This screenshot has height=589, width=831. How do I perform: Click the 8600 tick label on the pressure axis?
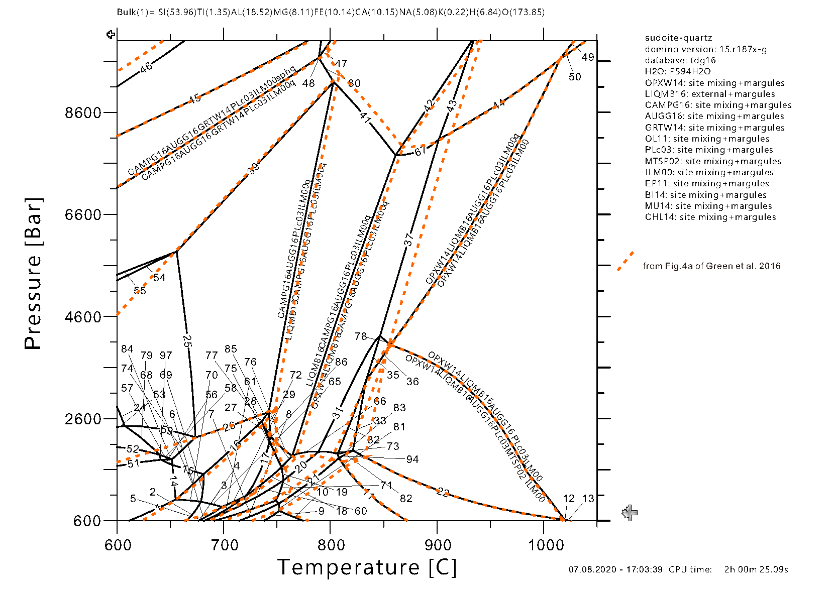pos(83,112)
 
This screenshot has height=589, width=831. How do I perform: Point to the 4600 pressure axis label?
pos(83,317)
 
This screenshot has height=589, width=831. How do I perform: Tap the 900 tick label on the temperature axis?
pos(438,545)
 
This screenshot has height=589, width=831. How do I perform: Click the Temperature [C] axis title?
pos(367,567)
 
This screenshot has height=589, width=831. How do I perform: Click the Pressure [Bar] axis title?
pos(34,274)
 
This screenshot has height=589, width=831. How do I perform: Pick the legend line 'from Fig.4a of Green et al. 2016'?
pos(711,266)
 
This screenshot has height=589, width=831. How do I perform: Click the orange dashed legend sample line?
pos(626,261)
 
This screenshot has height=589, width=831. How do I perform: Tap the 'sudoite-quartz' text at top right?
pos(678,38)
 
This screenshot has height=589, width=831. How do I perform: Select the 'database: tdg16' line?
pos(680,60)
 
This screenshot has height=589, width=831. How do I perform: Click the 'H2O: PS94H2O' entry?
pos(678,71)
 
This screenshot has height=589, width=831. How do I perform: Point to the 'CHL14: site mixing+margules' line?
pos(710,217)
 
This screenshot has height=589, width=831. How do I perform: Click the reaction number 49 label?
pos(588,57)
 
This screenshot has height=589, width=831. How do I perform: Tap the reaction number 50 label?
pos(575,77)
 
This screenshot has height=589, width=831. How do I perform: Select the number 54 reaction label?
pos(159,278)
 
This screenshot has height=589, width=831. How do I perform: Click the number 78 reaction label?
pos(361,336)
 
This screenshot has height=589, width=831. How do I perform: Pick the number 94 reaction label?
pos(412,459)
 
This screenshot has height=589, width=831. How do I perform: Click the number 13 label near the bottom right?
pos(588,499)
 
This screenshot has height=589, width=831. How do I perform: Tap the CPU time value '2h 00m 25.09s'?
pos(756,569)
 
